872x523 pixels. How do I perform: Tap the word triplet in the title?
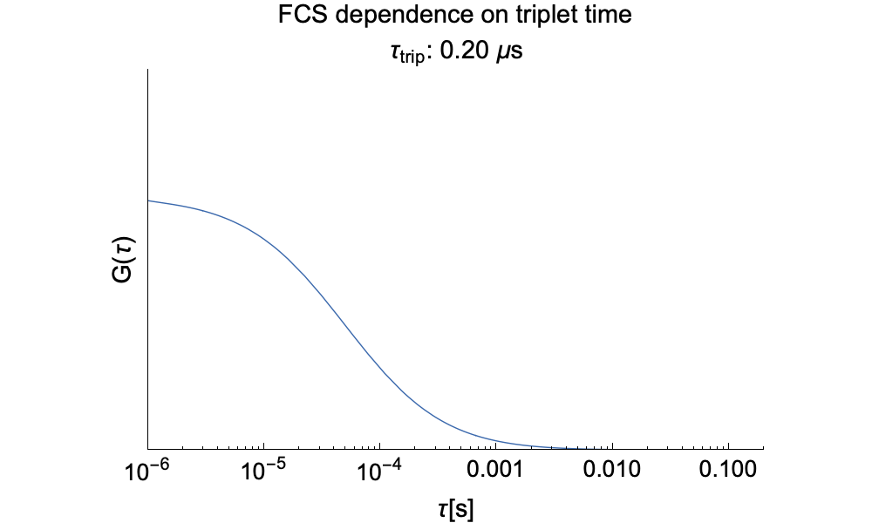pyautogui.click(x=530, y=16)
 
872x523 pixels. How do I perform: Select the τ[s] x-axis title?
pyautogui.click(x=455, y=508)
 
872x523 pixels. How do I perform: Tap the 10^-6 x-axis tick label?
pyautogui.click(x=148, y=472)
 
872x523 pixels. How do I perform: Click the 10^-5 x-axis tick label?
pyautogui.click(x=264, y=472)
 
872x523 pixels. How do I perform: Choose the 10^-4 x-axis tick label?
pyautogui.click(x=380, y=472)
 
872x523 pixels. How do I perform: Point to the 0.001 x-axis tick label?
pyautogui.click(x=496, y=472)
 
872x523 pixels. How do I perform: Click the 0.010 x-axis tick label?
pyautogui.click(x=612, y=472)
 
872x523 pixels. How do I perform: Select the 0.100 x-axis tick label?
pyautogui.click(x=728, y=472)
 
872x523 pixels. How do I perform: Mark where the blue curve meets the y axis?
pyautogui.click(x=148, y=201)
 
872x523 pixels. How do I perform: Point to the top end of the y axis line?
pyautogui.click(x=148, y=70)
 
